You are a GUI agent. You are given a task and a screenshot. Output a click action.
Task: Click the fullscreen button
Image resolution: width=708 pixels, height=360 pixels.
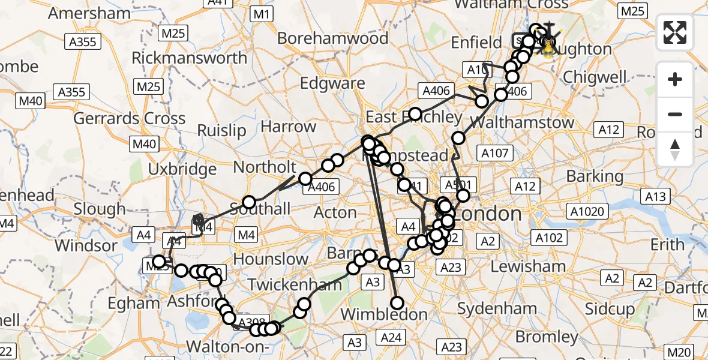tap(675, 32)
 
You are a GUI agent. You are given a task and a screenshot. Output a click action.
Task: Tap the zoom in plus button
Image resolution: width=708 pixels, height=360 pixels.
tap(675, 79)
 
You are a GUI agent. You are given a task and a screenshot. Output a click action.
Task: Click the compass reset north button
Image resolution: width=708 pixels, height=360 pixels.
tap(675, 149)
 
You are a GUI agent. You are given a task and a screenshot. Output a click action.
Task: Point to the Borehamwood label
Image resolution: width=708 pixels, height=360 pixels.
tap(333, 38)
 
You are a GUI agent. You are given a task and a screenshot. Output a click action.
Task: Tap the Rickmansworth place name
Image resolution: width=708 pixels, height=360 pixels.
tap(189, 58)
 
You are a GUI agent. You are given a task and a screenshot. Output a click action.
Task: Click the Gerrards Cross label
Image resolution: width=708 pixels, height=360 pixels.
tap(130, 118)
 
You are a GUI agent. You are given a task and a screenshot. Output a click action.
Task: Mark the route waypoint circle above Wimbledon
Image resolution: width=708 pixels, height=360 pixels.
tap(397, 303)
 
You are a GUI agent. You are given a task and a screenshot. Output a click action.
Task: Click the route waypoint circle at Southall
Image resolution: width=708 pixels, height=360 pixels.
tap(249, 202)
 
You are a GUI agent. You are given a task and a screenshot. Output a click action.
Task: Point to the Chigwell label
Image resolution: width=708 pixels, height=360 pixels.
tap(595, 77)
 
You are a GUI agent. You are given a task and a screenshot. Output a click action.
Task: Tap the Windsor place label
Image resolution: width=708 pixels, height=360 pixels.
tap(86, 245)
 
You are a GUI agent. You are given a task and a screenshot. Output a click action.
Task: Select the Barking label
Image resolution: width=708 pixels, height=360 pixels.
tap(595, 176)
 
